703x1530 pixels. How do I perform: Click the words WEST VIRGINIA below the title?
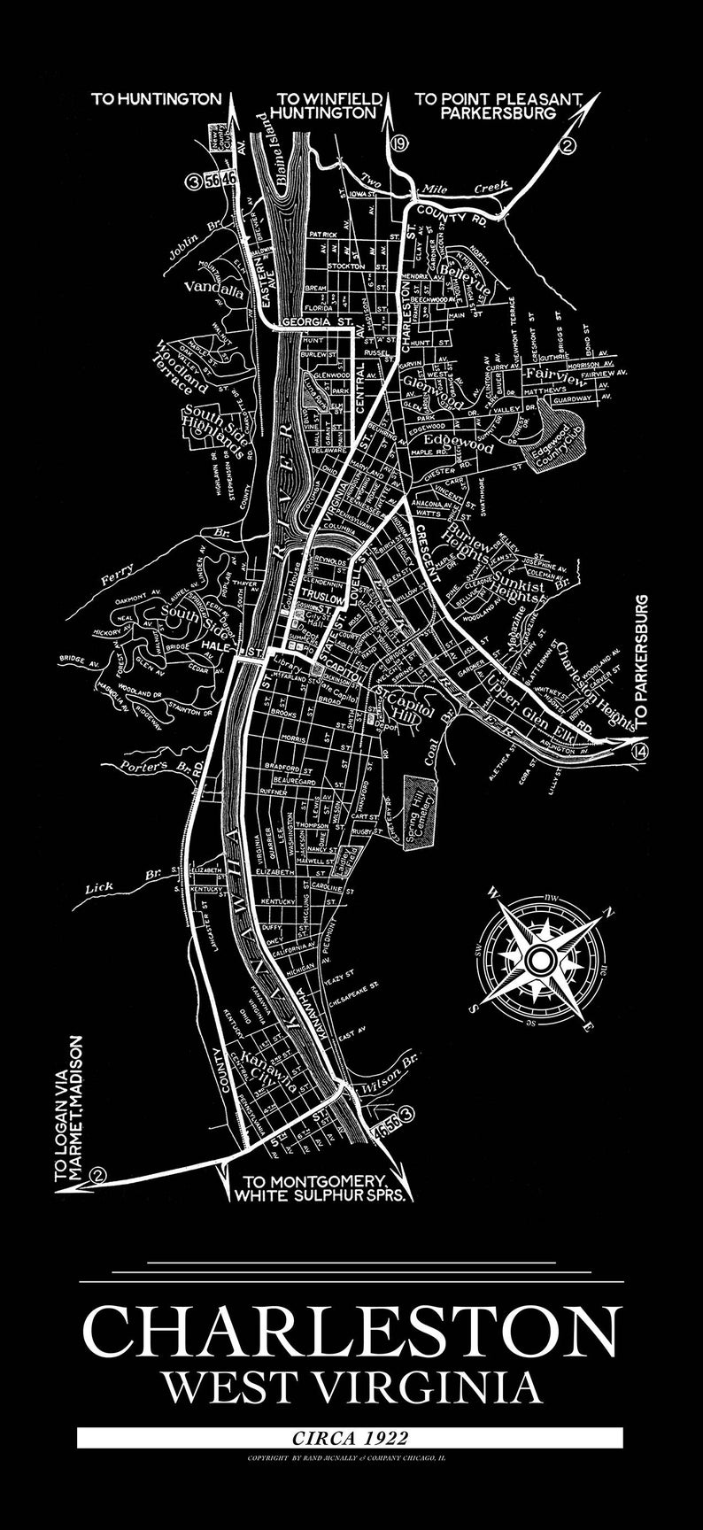pyautogui.click(x=351, y=1387)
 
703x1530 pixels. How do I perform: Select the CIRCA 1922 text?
pyautogui.click(x=351, y=1439)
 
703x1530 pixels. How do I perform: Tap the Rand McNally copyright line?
pyautogui.click(x=351, y=1456)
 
